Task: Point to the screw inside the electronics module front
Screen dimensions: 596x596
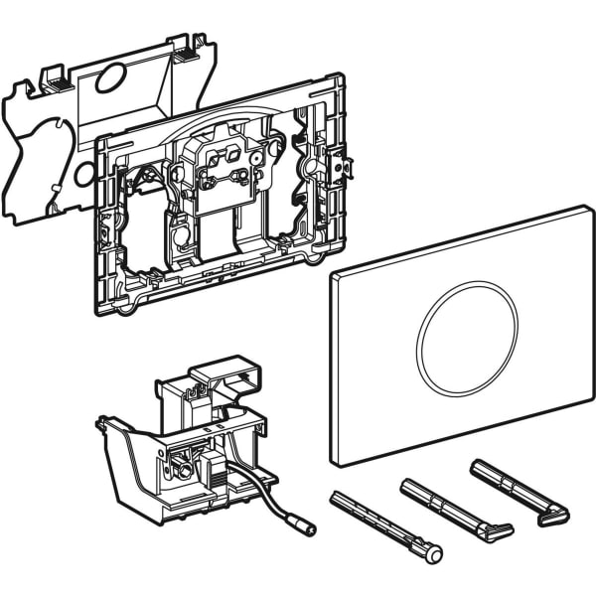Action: tap(185, 461)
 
